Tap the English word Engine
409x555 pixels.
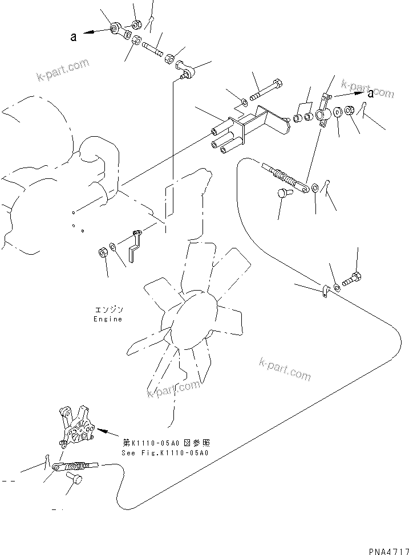(x=108, y=319)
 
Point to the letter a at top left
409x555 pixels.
(x=73, y=38)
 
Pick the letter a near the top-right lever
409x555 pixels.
(x=371, y=93)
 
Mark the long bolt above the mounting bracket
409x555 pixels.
(x=269, y=91)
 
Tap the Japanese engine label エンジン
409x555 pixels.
(x=108, y=309)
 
